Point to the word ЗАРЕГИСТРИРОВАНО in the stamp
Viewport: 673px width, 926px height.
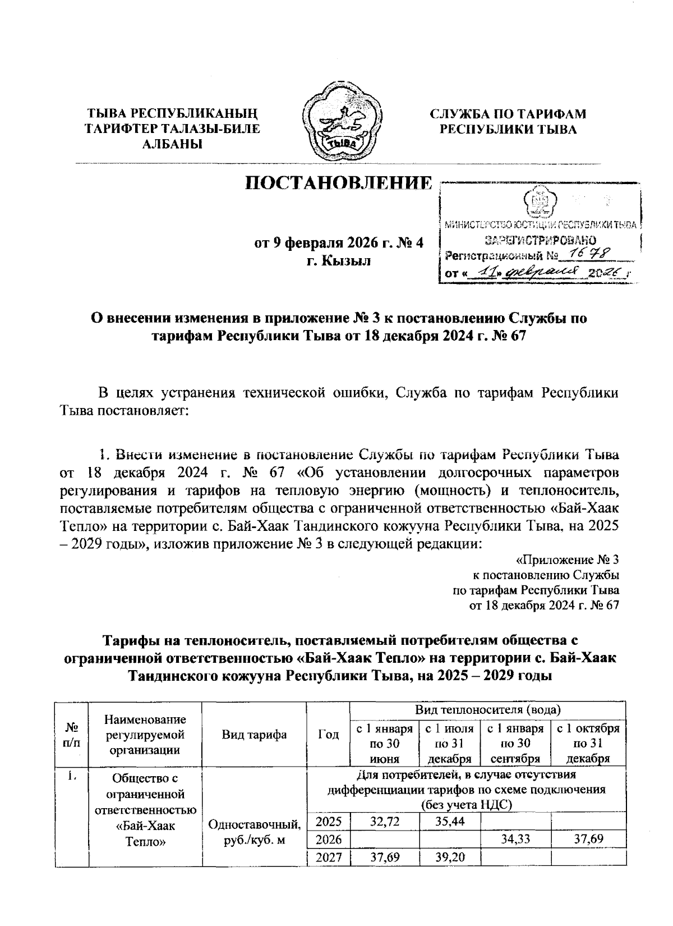pyautogui.click(x=536, y=241)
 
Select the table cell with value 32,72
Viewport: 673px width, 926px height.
pyautogui.click(x=384, y=823)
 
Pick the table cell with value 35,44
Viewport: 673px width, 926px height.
pyautogui.click(x=449, y=823)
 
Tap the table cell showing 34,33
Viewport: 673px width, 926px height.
pyautogui.click(x=516, y=840)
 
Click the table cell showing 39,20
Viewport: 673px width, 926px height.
pyautogui.click(x=449, y=857)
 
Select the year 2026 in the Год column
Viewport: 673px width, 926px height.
pyautogui.click(x=329, y=840)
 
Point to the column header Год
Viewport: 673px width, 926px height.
pyautogui.click(x=328, y=735)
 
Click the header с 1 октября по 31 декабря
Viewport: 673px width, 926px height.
pyautogui.click(x=587, y=744)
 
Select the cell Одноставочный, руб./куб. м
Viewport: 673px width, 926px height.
pyautogui.click(x=255, y=831)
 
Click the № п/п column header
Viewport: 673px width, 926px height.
pyautogui.click(x=71, y=735)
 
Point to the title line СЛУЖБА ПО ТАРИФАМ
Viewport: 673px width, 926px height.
pyautogui.click(x=508, y=114)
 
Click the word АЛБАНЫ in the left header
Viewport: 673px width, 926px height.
pyautogui.click(x=172, y=145)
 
